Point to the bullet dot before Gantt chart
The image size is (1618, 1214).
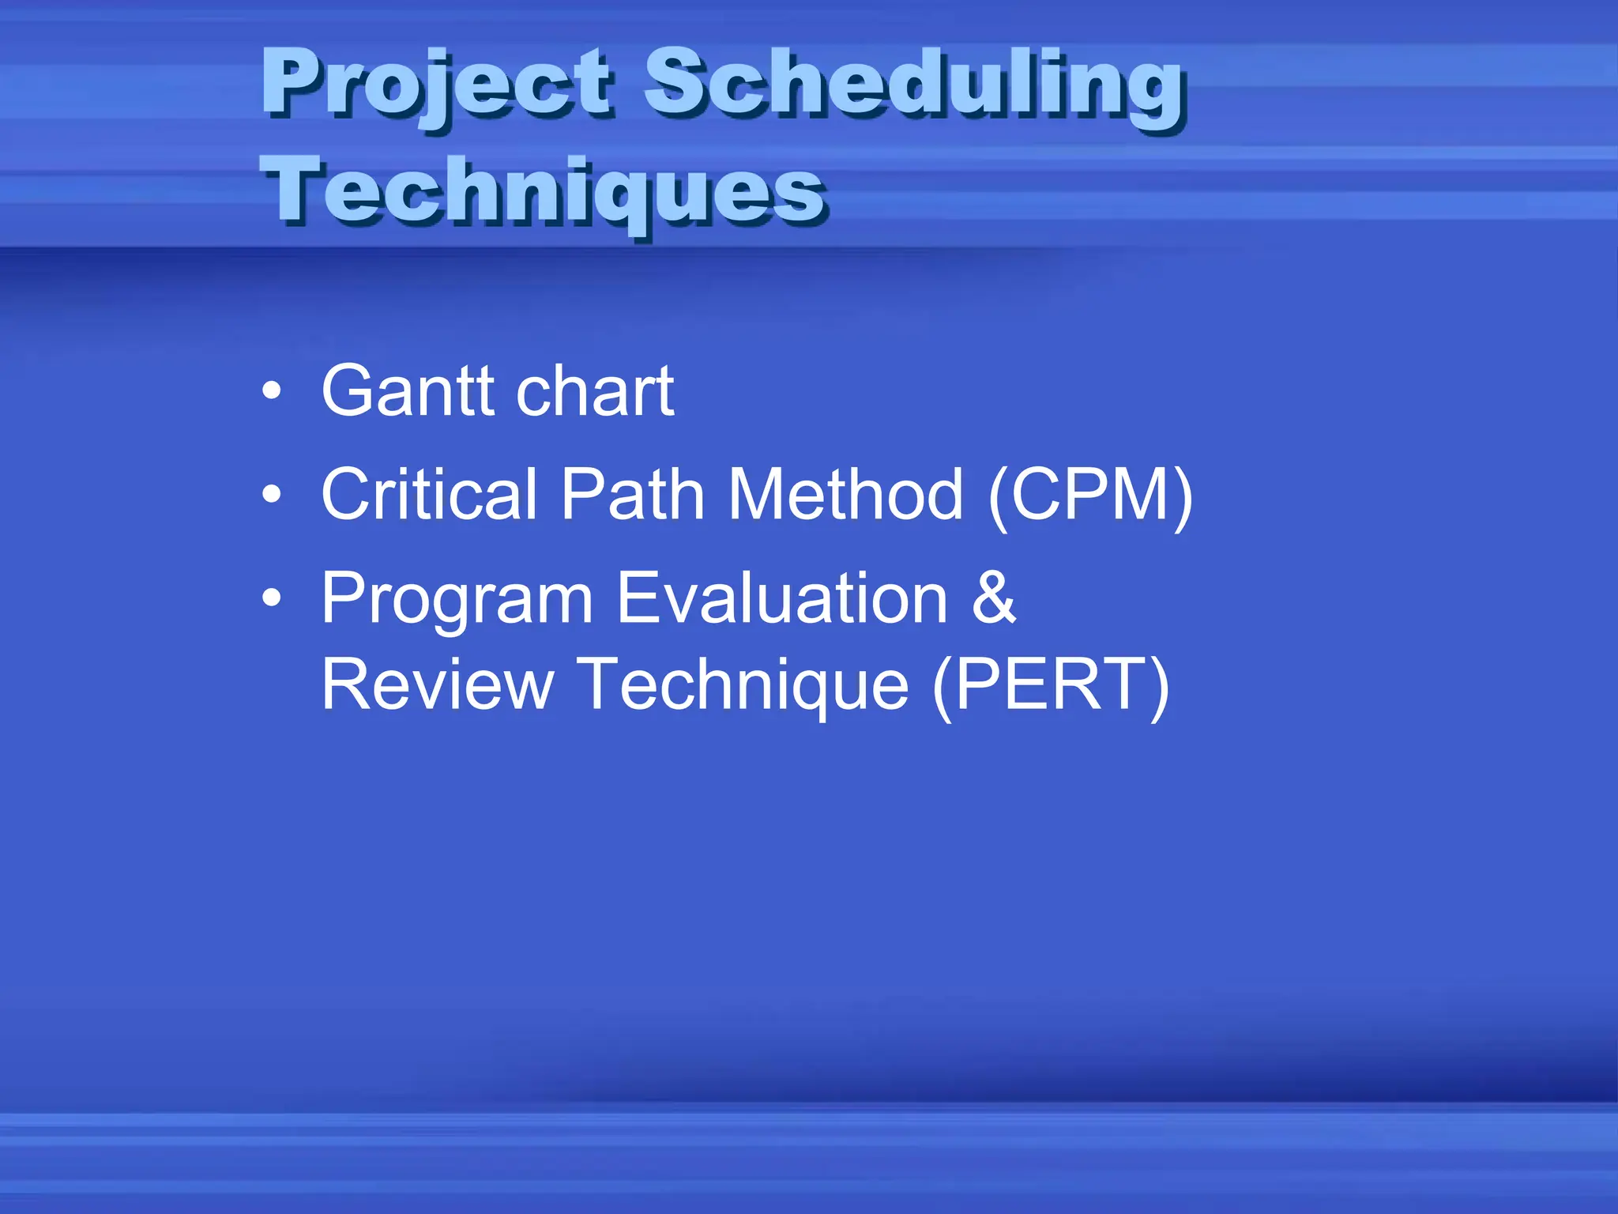click(272, 391)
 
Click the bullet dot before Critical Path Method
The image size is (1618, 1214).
click(272, 495)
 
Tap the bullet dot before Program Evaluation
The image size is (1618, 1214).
click(272, 598)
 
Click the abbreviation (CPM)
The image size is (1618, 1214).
click(1090, 496)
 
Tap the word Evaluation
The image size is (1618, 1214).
click(781, 598)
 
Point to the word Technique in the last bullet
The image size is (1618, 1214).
click(742, 685)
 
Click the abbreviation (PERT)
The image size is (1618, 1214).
click(1051, 685)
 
